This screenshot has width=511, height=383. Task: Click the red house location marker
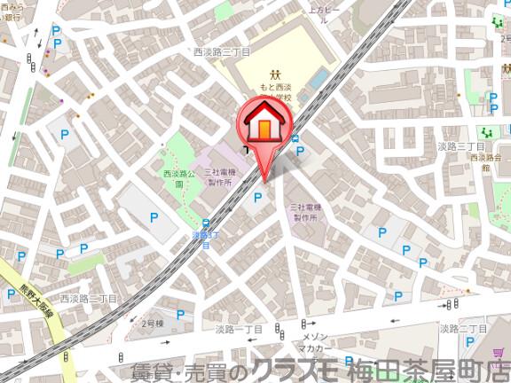(263, 124)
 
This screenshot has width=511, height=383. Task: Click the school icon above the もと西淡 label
(275, 75)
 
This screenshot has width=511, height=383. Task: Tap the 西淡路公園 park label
(179, 179)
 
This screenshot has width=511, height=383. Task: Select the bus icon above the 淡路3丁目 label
(205, 223)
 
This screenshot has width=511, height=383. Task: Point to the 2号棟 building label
(153, 324)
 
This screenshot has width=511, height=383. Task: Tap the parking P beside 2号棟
(180, 314)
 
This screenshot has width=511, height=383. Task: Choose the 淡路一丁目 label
(239, 329)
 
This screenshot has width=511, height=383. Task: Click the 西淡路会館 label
(485, 161)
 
